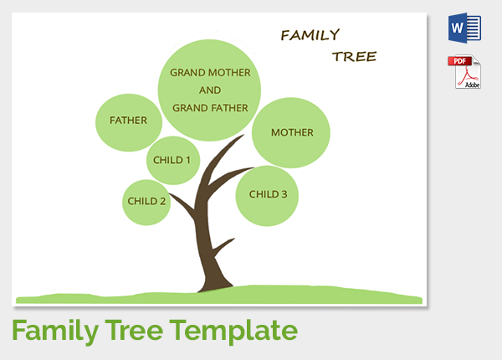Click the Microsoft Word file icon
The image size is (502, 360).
pos(464,28)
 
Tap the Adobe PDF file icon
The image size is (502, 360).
pos(464,72)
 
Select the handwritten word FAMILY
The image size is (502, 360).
pos(310,35)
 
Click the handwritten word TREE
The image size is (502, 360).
pos(355,57)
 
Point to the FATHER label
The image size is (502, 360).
pos(128,121)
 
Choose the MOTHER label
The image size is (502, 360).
pos(292,132)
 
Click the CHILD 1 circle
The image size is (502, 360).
pos(173,160)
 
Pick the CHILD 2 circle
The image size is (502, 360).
pos(146,202)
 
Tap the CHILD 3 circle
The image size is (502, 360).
pos(267,196)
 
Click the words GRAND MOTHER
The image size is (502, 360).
pos(210,73)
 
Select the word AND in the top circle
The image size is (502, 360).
pos(210,90)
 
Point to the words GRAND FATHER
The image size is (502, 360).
pos(210,108)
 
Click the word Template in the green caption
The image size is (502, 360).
pos(233,332)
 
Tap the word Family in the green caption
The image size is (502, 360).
pos(55,332)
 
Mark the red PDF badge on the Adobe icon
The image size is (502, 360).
pos(459,60)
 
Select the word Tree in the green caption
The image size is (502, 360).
pos(134,331)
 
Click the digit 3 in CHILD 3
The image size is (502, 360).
pos(284,194)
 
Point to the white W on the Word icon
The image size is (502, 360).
pos(457,28)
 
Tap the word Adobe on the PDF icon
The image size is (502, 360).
pos(472,85)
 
